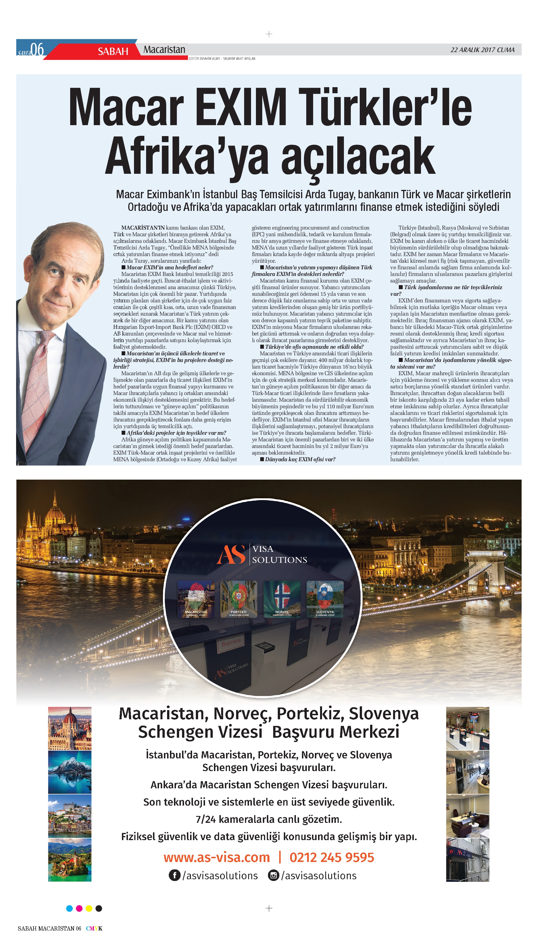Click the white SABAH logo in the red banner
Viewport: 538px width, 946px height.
click(113, 51)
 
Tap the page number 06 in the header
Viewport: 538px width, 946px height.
click(37, 49)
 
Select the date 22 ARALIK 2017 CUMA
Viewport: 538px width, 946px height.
click(482, 50)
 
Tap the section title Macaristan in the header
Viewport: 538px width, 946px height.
click(164, 49)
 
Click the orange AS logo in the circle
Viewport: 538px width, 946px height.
click(231, 554)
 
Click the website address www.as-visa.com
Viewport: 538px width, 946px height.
click(217, 857)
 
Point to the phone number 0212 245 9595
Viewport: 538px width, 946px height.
click(332, 857)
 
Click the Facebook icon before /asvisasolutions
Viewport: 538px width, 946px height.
click(175, 876)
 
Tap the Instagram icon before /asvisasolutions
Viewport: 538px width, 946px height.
click(273, 876)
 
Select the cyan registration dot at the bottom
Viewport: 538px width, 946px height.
click(69, 908)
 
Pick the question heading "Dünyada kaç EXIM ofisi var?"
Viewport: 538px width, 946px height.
click(300, 459)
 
